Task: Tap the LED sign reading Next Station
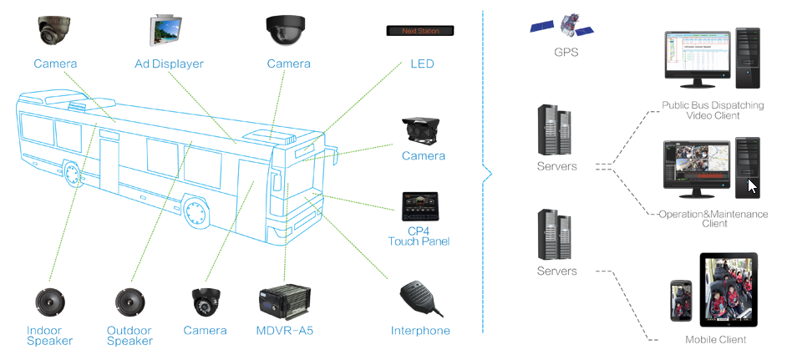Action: tap(419, 31)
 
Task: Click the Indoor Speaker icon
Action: tap(49, 302)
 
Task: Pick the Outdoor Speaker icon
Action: tap(129, 302)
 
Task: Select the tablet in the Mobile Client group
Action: tap(729, 290)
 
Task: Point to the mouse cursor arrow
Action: tap(752, 186)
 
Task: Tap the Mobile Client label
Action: tap(715, 340)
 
